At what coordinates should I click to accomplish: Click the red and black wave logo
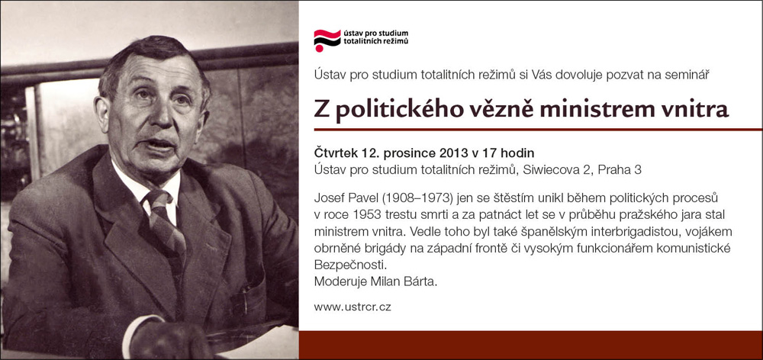click(327, 40)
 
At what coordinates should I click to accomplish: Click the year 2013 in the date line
click(456, 153)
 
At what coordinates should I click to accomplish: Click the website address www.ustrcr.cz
click(353, 307)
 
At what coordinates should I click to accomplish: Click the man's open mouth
click(160, 145)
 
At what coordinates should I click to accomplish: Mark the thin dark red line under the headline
click(538, 130)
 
